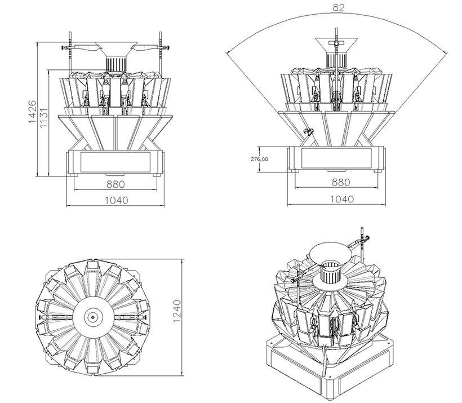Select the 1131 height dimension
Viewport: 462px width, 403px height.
point(43,119)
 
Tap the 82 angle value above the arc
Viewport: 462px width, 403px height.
point(338,8)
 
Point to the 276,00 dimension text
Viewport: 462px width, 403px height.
point(259,160)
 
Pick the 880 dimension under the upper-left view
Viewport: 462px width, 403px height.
point(115,184)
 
